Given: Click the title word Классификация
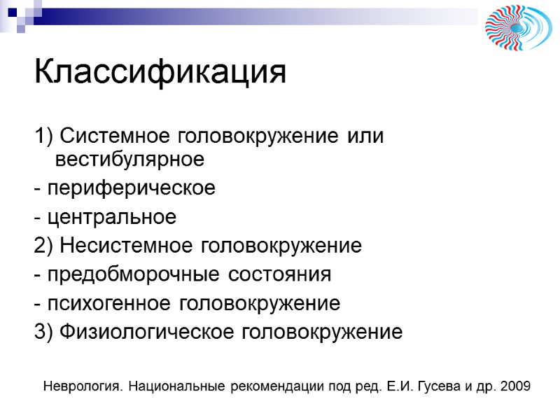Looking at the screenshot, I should (160, 72).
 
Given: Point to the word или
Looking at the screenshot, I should (367, 135).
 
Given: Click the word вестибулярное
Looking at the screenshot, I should (129, 160).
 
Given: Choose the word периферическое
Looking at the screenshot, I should (131, 189).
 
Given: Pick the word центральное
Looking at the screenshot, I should (111, 218).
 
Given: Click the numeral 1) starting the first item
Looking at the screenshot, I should (42, 135).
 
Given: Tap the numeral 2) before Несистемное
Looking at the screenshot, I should (42, 246).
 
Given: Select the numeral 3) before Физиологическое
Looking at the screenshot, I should (42, 332).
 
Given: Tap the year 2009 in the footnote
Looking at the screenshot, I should (517, 386).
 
